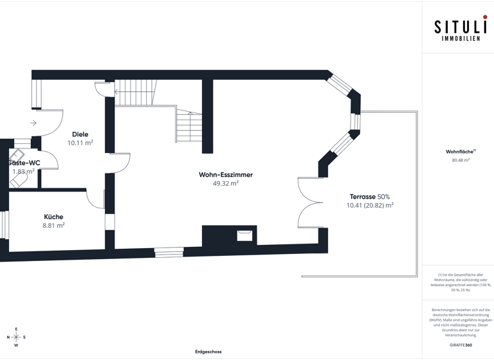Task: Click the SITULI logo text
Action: coord(457,28)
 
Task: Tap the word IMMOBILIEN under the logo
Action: coord(461,39)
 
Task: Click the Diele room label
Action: coord(80,134)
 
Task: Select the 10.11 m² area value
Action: coord(80,143)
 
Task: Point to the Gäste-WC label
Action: coord(24,163)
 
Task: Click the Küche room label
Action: coord(53,217)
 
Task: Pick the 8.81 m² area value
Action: coord(53,226)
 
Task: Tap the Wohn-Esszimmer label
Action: coord(226,174)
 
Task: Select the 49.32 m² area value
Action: coord(226,183)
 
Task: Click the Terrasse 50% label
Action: coord(370,197)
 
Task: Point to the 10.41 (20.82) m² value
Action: coord(370,206)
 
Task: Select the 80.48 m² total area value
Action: coord(461,160)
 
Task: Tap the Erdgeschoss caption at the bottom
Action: coord(208,352)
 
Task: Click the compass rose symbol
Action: coord(17,337)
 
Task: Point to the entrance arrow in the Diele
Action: coord(33,123)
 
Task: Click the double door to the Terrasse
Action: coord(309,203)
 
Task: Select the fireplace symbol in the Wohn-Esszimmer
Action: coord(244,235)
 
